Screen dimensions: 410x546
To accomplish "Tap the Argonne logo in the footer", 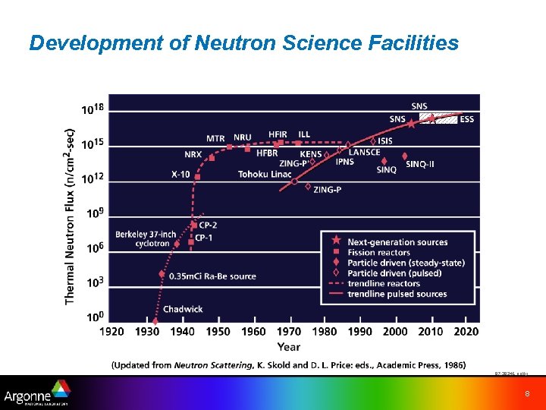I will click(x=36, y=396).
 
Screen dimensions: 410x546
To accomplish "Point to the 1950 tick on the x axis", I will click(x=218, y=332).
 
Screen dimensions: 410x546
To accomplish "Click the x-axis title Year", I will click(x=288, y=347).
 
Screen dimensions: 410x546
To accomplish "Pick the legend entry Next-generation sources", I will click(x=397, y=242).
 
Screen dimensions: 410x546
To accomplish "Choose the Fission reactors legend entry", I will click(x=378, y=253).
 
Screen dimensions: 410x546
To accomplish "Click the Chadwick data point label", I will click(x=183, y=309).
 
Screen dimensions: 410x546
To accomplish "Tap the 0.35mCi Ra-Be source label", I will click(x=212, y=276).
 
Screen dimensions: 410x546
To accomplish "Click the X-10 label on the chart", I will click(x=180, y=175).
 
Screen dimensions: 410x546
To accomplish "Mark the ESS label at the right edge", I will click(x=466, y=119).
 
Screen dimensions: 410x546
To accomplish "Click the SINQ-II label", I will click(x=420, y=164).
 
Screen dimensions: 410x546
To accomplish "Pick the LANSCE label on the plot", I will click(x=364, y=152).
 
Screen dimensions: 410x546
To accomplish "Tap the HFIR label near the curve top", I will click(x=278, y=134).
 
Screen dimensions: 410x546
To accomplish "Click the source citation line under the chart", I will click(x=289, y=365).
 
